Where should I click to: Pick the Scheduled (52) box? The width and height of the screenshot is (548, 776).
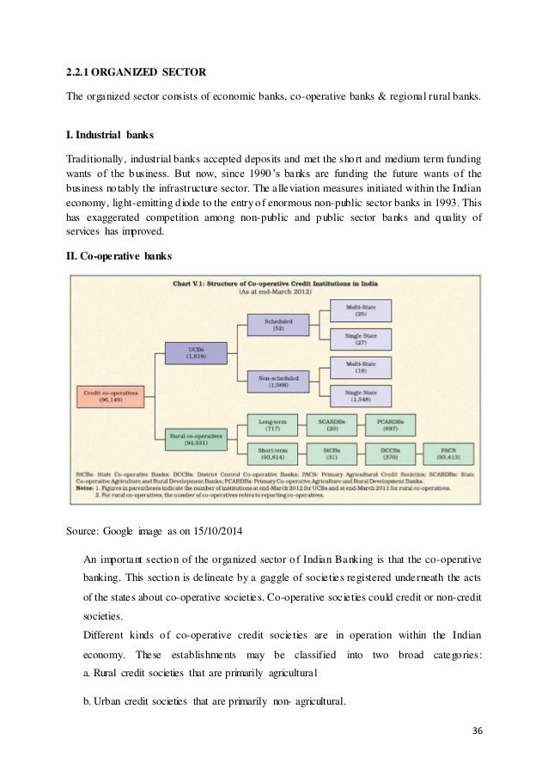278,324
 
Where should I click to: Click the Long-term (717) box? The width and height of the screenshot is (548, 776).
278,425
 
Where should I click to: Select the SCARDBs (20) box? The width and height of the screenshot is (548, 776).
332,425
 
